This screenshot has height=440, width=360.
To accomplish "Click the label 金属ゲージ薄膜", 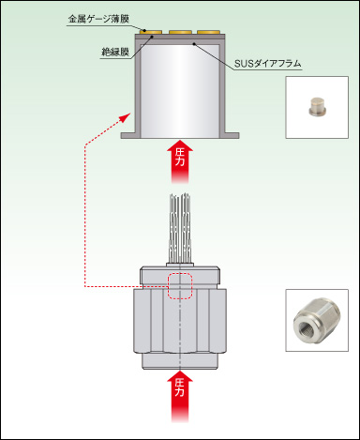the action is point(98,19).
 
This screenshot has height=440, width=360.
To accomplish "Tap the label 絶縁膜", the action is point(115,52).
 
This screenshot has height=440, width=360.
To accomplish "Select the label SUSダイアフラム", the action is point(268,64).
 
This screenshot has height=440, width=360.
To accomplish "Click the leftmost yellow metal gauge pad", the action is point(152,32).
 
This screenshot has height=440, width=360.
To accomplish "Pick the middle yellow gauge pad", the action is point(180,32).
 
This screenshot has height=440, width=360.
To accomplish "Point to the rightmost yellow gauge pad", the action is point(208,32).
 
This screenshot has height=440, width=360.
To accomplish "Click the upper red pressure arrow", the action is point(180,161).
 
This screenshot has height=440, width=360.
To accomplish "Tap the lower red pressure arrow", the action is point(180,396).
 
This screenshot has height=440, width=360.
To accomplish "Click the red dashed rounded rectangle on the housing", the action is point(180,286).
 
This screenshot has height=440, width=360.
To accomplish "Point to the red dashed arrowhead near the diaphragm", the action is point(126,118).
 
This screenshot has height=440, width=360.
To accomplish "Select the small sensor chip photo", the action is point(317,107).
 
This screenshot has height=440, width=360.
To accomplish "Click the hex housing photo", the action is point(317,320).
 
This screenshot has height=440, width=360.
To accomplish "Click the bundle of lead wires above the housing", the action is point(180,228).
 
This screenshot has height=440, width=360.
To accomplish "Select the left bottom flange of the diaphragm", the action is point(130,135).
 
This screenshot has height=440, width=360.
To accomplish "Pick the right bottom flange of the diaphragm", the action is point(230,135).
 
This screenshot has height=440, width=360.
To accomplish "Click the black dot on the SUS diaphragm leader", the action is point(194,44).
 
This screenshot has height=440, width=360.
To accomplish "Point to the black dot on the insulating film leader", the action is point(153,37).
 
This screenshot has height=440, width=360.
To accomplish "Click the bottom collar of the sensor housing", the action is point(180,360).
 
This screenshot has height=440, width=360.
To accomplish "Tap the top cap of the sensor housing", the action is point(180,274).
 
